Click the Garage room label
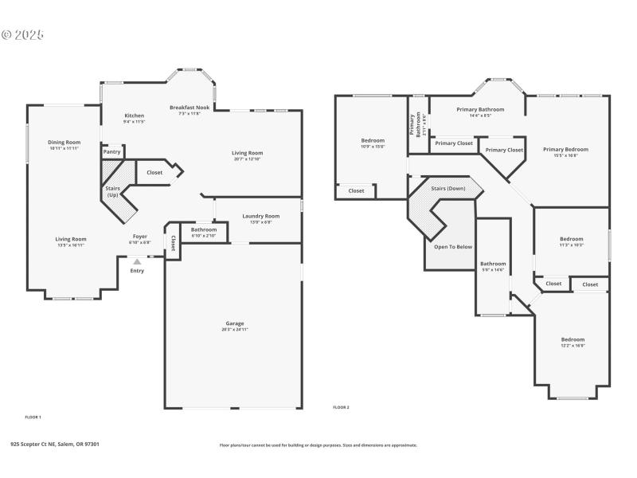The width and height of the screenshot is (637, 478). (234, 323)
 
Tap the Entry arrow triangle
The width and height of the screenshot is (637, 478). (137, 261)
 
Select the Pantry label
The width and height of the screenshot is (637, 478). (112, 151)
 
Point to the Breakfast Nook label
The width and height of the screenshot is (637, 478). (190, 108)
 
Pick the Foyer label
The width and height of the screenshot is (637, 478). (139, 237)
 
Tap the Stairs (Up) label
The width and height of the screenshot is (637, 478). (113, 191)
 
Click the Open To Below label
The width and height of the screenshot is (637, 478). (453, 247)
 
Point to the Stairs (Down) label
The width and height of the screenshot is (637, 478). (448, 189)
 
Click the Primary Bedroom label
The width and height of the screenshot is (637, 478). (565, 149)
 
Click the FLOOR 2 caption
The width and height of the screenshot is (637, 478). (341, 407)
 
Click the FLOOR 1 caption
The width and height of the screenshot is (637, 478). (33, 417)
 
